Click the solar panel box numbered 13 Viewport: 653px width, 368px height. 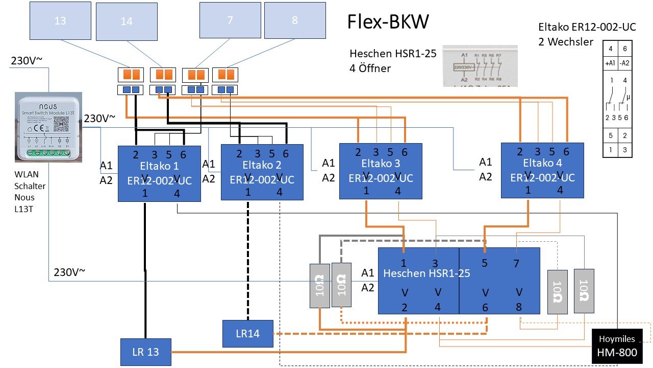pos(60,21)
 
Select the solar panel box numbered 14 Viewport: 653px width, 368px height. pos(127,21)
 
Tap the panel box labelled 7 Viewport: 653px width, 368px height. pos(230,20)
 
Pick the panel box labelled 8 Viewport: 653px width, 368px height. pos(295,20)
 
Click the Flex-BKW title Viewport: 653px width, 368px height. pos(388,21)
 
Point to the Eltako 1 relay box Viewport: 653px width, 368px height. pos(159,174)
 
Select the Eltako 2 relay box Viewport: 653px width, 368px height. pos(262,172)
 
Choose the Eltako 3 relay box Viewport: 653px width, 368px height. pos(381,171)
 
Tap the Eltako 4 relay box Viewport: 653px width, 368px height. pos(542,170)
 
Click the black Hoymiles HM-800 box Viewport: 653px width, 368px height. pos(617,347)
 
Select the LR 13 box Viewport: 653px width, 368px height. pos(146,352)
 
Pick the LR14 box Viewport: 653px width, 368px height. pos(248,333)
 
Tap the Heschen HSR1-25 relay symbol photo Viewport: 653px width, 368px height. pos(480,66)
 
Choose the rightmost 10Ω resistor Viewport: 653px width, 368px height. pos(584,291)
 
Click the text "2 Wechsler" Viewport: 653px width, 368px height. pos(566,41)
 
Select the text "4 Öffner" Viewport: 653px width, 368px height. pos(370,67)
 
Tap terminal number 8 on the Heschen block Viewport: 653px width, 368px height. pos(519,308)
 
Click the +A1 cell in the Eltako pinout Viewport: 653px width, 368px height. pos(610,63)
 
